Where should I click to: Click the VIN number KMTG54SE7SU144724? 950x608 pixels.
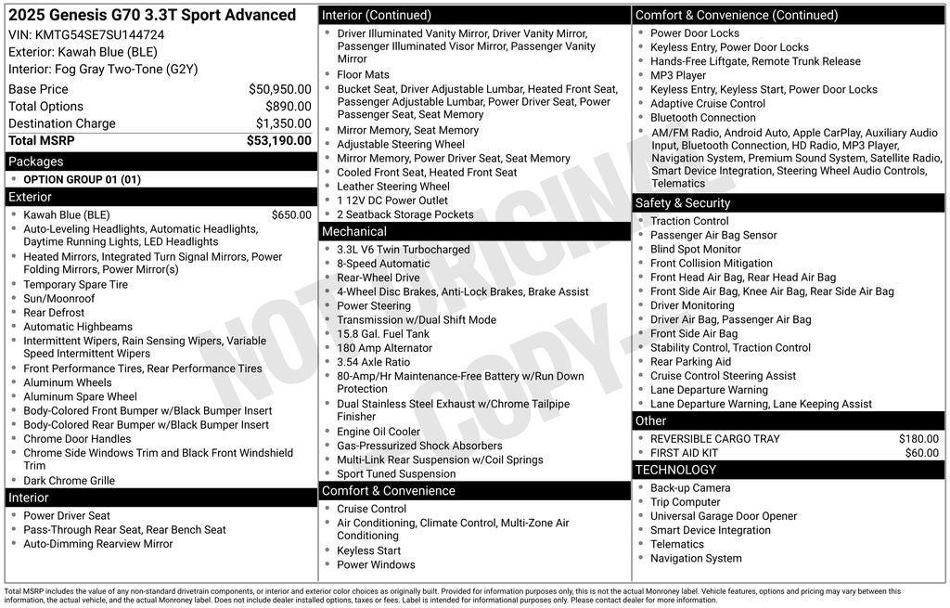[x=99, y=34]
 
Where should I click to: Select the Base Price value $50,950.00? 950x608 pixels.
[x=279, y=89]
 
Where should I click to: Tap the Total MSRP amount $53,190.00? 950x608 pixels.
[x=278, y=141]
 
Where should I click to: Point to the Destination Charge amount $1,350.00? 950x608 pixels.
[x=283, y=123]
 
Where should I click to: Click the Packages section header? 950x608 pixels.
[x=36, y=162]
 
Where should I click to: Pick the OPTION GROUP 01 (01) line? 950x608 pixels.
[x=82, y=180]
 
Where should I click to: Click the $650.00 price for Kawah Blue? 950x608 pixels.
[x=291, y=215]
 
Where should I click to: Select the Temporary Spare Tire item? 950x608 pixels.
[x=75, y=285]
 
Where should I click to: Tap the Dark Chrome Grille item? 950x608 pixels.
[x=69, y=481]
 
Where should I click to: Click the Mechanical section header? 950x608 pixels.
[x=354, y=231]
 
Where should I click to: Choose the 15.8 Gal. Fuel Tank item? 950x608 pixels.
[x=383, y=334]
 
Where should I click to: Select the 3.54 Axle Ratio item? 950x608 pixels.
[x=373, y=362]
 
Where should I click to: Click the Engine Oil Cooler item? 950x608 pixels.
[x=379, y=432]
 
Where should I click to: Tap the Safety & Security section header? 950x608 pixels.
[x=683, y=203]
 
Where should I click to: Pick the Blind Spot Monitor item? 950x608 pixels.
[x=696, y=250]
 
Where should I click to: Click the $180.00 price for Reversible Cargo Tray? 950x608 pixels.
[x=918, y=439]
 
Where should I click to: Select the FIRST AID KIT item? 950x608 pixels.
[x=684, y=453]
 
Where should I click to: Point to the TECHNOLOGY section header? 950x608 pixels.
[x=676, y=470]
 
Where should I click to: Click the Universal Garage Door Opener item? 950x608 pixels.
[x=724, y=516]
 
